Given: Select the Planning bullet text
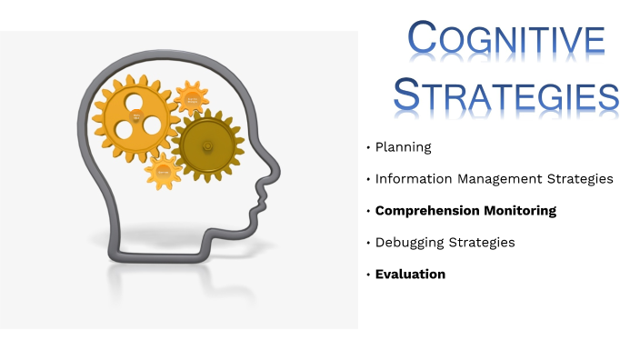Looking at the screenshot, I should (x=403, y=146).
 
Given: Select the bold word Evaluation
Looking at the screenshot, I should (x=410, y=274).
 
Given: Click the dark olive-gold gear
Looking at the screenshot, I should (x=208, y=144).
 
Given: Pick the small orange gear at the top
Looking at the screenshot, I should (x=192, y=97).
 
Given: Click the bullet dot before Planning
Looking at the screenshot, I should (x=368, y=147).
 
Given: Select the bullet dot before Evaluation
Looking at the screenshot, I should (x=368, y=275).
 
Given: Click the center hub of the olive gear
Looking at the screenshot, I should (x=208, y=144).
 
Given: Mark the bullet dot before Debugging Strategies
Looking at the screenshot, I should (x=368, y=243).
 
